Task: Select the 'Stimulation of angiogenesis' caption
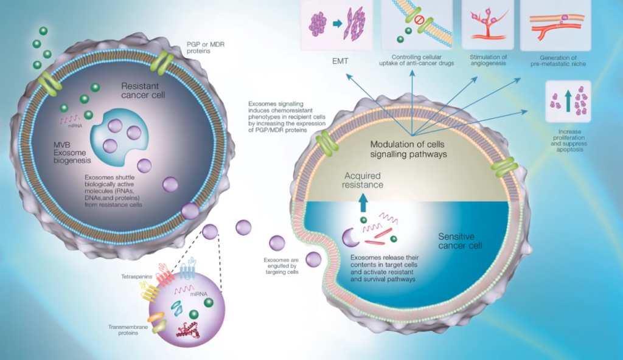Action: pyautogui.click(x=488, y=60)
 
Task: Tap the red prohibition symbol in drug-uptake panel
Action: pyautogui.click(x=419, y=20)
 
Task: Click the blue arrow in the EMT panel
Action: pyautogui.click(x=337, y=24)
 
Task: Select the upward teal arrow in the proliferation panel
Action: pyautogui.click(x=568, y=101)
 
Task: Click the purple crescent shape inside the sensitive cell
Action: pyautogui.click(x=351, y=238)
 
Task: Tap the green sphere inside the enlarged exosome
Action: pyautogui.click(x=193, y=314)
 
